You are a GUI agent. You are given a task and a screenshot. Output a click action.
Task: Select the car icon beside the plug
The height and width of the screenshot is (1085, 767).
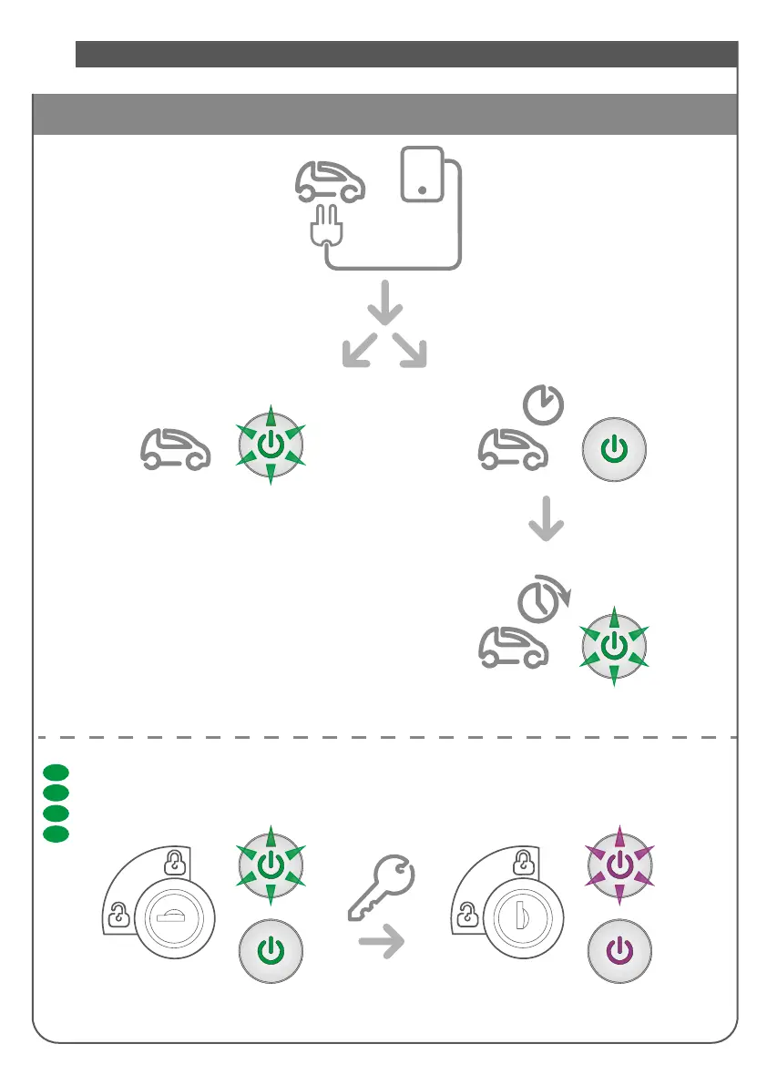331,180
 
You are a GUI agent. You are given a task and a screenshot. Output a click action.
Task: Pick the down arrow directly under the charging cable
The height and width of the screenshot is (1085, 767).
384,303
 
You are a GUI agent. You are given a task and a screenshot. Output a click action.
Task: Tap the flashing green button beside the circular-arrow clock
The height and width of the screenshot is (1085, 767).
615,645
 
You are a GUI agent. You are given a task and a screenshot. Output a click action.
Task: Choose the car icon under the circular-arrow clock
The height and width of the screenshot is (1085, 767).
514,646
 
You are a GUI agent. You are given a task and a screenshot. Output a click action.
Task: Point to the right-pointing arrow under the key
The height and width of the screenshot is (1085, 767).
381,946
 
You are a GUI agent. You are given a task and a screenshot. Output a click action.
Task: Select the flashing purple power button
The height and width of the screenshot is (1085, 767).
619,865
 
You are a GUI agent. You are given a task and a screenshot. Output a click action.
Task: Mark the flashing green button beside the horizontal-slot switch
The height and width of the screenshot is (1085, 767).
271,865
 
